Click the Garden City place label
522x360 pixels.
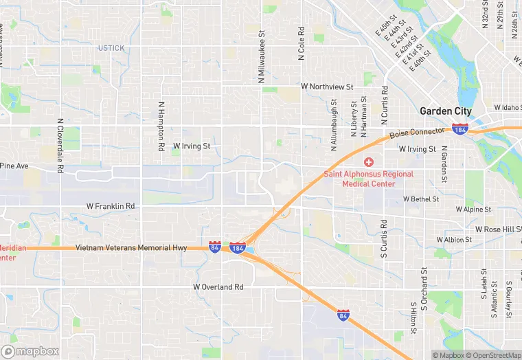point(446,111)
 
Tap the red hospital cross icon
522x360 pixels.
point(369,162)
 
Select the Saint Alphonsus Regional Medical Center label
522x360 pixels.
point(369,179)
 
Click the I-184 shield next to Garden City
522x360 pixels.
point(460,129)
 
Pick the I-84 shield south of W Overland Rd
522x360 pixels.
point(342,315)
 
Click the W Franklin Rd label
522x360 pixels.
point(111,206)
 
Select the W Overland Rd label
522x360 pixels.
point(218,286)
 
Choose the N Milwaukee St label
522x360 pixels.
point(262,56)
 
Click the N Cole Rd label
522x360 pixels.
point(302,44)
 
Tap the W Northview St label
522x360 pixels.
point(327,87)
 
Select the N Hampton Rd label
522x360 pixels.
point(161,126)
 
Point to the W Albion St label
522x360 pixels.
point(454,240)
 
